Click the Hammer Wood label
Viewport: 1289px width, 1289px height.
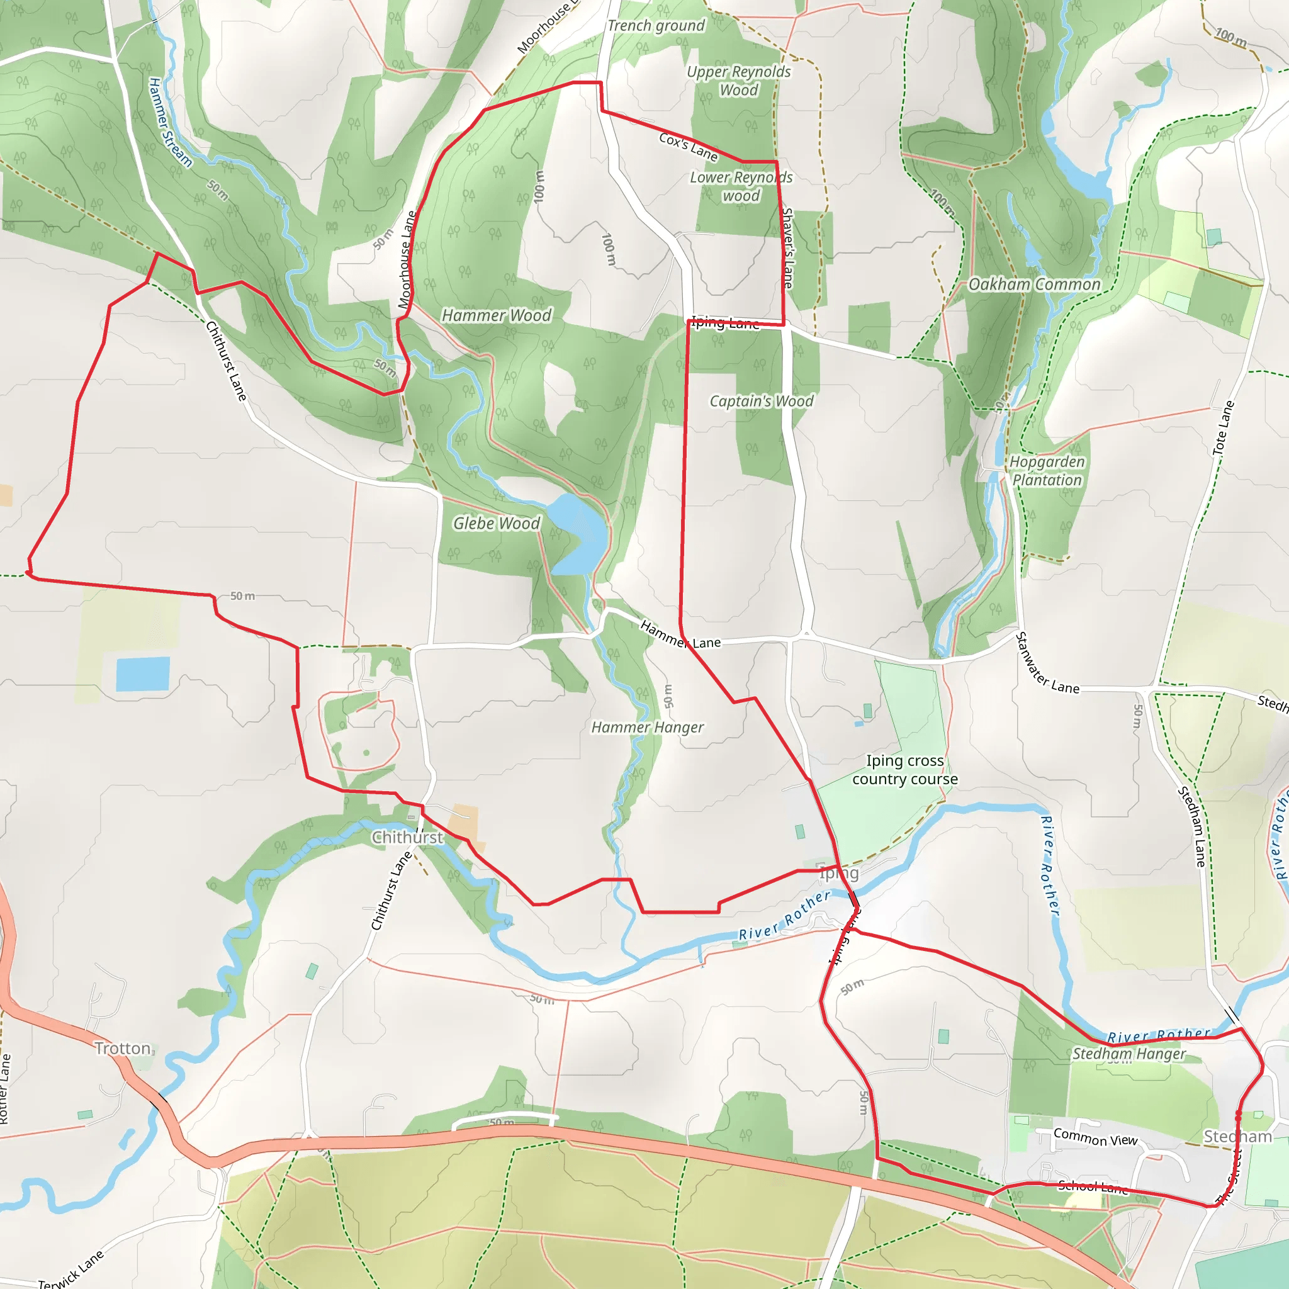tap(497, 315)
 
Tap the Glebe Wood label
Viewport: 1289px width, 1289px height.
tap(497, 523)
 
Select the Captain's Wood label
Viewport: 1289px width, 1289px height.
tap(762, 401)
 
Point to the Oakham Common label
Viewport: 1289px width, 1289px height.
tap(1034, 284)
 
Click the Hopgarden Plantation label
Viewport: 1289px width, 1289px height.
tap(1046, 470)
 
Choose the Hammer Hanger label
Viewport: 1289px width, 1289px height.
tap(647, 727)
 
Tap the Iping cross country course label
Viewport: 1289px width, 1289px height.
tap(904, 770)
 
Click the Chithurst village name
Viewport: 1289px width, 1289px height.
tap(407, 837)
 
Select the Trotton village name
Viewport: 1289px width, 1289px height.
tap(123, 1048)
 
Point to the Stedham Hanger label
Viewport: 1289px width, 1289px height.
tap(1129, 1054)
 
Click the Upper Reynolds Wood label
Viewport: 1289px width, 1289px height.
tap(738, 81)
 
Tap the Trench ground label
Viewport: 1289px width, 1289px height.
tap(656, 25)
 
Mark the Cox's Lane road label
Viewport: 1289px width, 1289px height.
tap(688, 147)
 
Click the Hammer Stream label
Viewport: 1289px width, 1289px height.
tap(169, 122)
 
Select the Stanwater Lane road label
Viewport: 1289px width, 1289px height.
tap(1046, 663)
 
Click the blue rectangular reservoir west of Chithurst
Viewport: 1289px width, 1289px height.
tap(143, 673)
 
